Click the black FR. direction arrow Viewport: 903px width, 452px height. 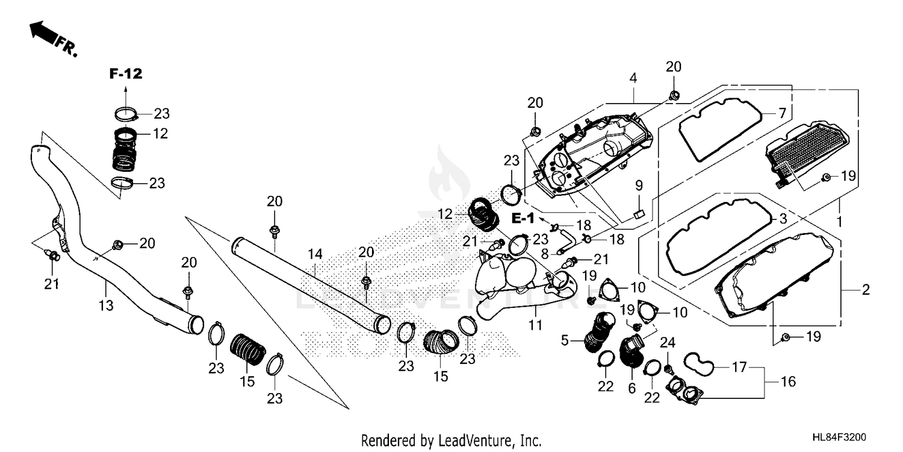tap(43, 33)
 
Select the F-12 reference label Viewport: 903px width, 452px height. tap(126, 74)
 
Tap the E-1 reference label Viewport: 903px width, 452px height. tap(523, 218)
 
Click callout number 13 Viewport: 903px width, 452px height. tap(106, 306)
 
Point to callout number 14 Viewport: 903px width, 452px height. tap(315, 254)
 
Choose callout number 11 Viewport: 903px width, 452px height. tap(535, 324)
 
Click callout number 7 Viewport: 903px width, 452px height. tap(782, 113)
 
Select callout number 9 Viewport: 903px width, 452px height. tap(639, 186)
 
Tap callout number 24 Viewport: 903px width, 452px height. tap(667, 343)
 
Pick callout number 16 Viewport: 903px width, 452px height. tap(788, 381)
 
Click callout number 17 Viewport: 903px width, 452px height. tap(739, 367)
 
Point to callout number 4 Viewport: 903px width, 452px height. tap(633, 78)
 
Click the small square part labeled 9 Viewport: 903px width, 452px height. tap(639, 214)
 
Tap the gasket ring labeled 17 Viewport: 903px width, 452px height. tap(698, 363)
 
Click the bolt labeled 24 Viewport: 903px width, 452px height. tap(667, 369)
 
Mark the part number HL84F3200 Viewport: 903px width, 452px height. tap(839, 438)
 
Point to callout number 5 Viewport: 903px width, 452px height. tap(565, 341)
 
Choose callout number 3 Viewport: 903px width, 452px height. tap(783, 219)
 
